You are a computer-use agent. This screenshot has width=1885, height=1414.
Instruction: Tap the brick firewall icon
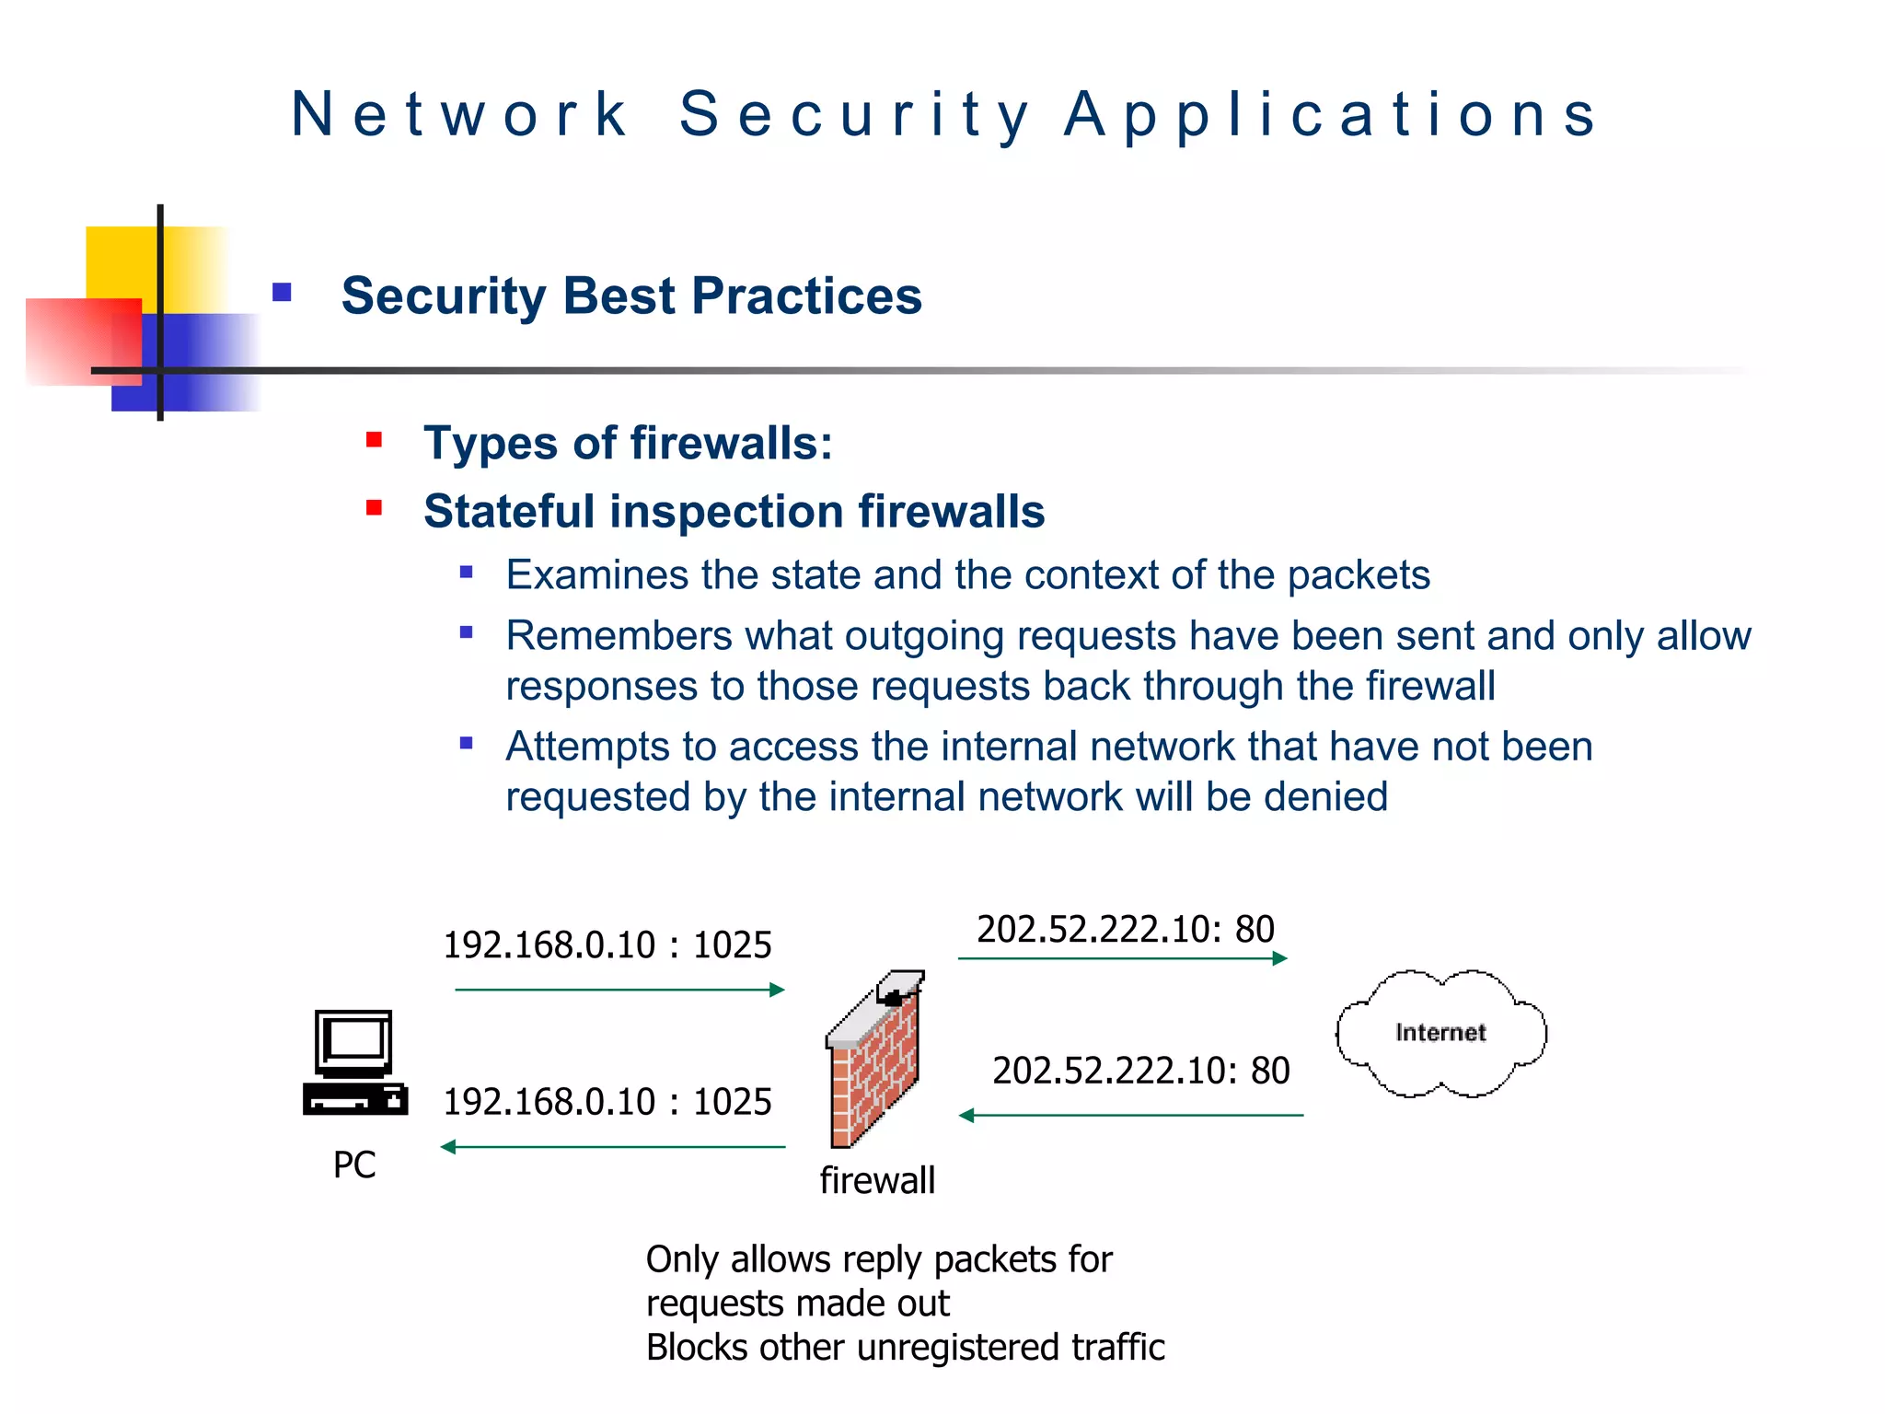pos(874,1063)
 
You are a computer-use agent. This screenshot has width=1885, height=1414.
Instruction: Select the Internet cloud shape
pos(1440,1033)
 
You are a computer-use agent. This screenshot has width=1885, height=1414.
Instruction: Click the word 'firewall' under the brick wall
pos(877,1180)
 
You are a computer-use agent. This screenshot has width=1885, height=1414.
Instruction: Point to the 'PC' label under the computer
pos(354,1165)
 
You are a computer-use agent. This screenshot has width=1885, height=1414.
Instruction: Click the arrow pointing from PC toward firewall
pos(619,990)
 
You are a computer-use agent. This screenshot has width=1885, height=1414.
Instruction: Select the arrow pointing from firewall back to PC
pos(613,1147)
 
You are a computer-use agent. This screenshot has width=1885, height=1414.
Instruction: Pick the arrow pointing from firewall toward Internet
pos(1122,958)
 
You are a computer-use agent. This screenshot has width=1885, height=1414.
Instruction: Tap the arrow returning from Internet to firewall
pos(1131,1116)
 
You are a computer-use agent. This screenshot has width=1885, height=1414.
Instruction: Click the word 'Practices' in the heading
pos(806,296)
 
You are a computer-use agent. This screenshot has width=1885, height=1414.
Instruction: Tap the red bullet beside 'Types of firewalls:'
pos(374,440)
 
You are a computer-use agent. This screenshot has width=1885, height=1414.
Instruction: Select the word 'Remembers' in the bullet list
pos(619,636)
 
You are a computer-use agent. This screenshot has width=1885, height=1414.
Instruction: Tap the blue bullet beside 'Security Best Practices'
pos(282,293)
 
